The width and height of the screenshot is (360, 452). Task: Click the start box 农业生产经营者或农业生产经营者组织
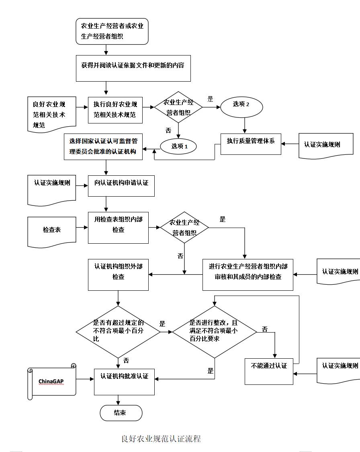(x=112, y=31)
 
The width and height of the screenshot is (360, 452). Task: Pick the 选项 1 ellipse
(x=179, y=146)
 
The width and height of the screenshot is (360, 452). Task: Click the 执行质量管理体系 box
(x=251, y=144)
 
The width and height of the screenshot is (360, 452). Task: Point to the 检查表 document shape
(x=52, y=231)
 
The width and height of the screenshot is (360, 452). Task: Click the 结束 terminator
(x=121, y=413)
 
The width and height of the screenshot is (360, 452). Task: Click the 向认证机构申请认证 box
(x=121, y=185)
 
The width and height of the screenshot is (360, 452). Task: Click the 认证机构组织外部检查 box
(x=118, y=275)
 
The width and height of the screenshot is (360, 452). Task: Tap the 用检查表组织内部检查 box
(x=118, y=228)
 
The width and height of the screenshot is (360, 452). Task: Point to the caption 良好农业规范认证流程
(x=161, y=439)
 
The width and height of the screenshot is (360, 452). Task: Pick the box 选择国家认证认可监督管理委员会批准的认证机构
(x=103, y=147)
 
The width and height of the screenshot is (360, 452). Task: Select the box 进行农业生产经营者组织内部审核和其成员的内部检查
(x=247, y=275)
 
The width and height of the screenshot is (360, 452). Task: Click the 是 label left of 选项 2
(x=210, y=99)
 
